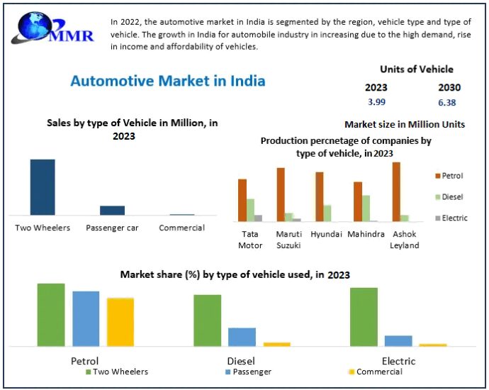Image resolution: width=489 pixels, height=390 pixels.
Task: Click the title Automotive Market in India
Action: click(168, 81)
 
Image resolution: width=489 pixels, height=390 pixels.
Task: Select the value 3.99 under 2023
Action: click(376, 103)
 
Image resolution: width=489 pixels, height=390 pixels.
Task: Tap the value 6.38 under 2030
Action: click(446, 103)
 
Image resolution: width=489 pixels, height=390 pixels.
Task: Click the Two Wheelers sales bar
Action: click(43, 186)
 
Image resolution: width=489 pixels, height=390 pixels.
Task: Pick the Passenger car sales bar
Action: click(112, 210)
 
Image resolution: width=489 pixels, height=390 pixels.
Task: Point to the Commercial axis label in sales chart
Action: click(181, 228)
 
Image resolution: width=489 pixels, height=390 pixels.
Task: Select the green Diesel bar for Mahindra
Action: click(366, 208)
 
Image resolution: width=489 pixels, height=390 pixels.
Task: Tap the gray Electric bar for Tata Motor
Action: click(259, 218)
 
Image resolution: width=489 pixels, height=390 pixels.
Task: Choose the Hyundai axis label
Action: click(327, 234)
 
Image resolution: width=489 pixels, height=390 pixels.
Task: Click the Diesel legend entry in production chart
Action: click(450, 196)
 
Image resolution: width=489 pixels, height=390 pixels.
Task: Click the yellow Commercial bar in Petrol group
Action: click(120, 321)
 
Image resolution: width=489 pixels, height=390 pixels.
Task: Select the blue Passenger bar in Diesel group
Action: click(242, 337)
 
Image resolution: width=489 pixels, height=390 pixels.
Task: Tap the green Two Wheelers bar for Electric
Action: click(364, 316)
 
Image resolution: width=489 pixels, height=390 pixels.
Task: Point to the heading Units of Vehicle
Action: click(417, 69)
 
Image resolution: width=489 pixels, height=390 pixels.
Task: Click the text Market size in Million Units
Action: click(405, 124)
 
